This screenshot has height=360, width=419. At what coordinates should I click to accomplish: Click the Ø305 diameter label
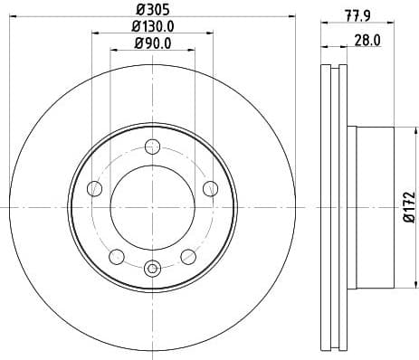point(151,9)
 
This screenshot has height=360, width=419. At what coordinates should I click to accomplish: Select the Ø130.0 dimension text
point(151,26)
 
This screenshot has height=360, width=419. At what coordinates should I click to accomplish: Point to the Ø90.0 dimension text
point(151,43)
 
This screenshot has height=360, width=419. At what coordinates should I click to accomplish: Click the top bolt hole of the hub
point(152,147)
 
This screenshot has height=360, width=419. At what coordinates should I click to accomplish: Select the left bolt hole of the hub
point(94,188)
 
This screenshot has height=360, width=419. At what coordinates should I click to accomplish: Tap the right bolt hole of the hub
point(210,188)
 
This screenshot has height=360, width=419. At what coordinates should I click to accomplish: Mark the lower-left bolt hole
point(116,256)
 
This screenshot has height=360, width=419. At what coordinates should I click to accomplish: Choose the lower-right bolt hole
point(188,256)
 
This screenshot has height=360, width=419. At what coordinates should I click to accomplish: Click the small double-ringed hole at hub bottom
point(152,267)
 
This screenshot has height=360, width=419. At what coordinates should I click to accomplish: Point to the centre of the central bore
point(152,207)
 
